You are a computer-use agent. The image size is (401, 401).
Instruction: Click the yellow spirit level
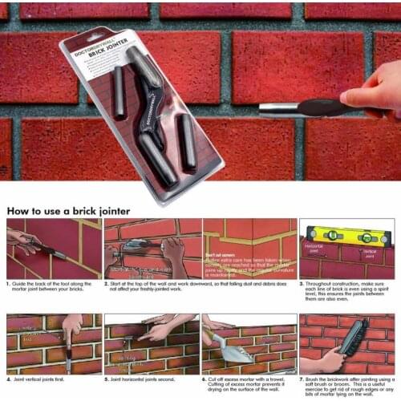tap(345, 236)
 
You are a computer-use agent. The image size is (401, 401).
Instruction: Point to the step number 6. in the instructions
tap(205, 379)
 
